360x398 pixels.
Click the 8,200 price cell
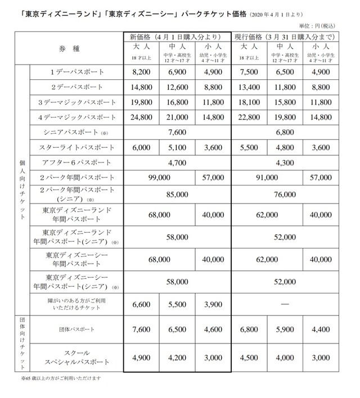[141, 73]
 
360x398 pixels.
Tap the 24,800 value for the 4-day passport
[141, 117]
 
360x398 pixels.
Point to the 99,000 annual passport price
[159, 177]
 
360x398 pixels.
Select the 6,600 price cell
[141, 304]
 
